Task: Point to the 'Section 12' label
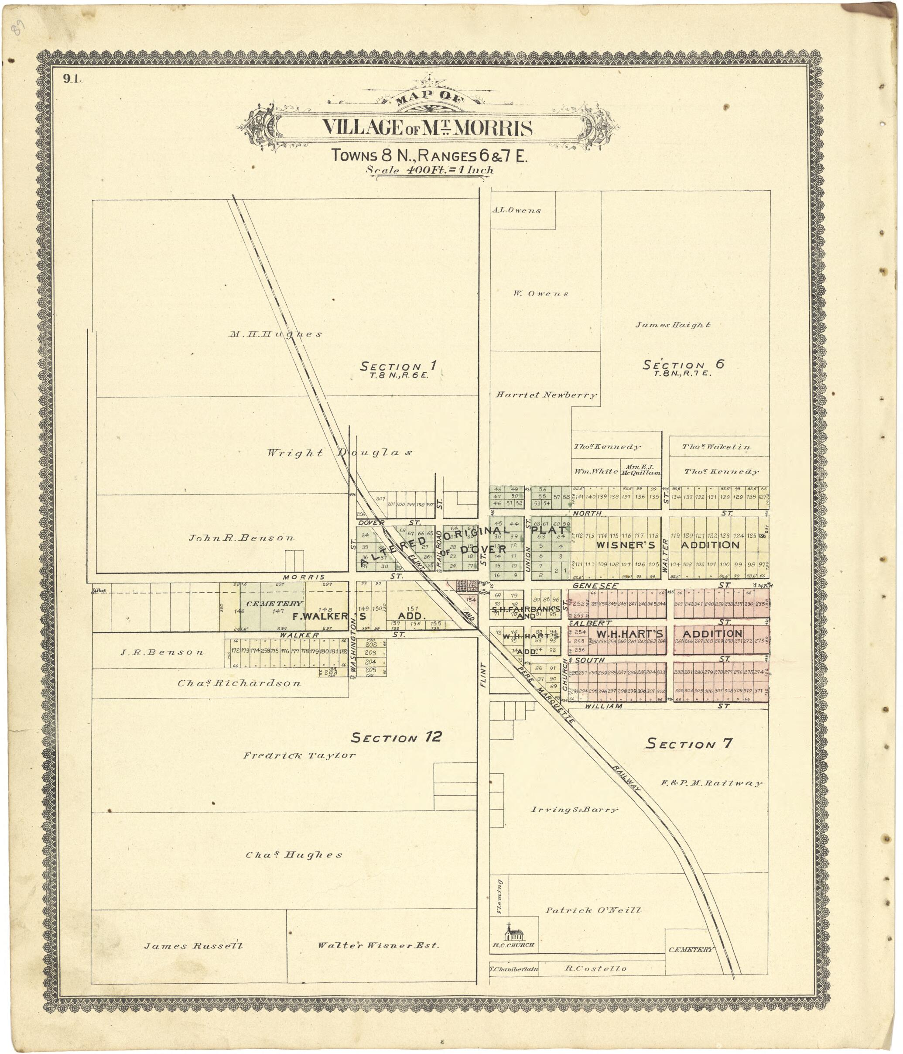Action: click(396, 738)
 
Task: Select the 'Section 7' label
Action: click(689, 744)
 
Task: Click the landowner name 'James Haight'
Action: click(673, 325)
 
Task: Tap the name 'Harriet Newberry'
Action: click(546, 395)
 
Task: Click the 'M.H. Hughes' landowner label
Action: click(275, 334)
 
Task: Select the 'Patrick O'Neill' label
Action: click(593, 910)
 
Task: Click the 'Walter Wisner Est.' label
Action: click(378, 945)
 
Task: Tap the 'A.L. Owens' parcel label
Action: click(516, 210)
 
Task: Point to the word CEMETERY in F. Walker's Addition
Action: click(274, 603)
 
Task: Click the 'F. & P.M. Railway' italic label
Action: click(711, 783)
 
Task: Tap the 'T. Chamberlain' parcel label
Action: click(513, 969)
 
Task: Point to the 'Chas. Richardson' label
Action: click(239, 683)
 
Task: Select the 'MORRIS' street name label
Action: click(304, 577)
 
